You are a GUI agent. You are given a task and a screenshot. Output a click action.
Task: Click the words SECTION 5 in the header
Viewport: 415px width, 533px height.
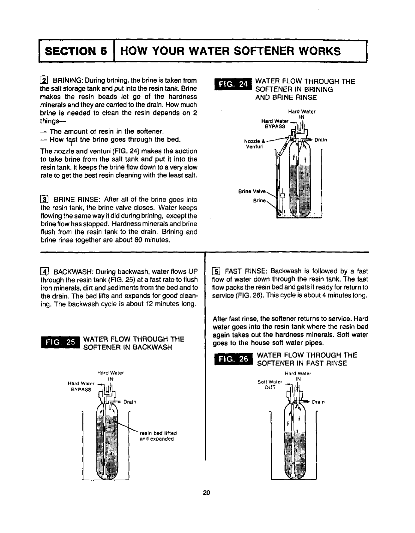point(76,51)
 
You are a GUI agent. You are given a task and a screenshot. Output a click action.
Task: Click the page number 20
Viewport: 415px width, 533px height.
point(207,493)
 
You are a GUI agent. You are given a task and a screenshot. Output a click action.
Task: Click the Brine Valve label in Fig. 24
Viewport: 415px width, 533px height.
point(252,191)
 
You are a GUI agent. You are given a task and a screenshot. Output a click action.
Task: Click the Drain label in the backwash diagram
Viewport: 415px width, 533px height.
point(130,402)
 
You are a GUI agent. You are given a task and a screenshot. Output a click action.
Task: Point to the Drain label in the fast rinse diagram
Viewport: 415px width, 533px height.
point(318,402)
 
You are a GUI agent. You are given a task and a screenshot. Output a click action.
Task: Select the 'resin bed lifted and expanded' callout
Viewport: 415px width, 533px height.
point(158,436)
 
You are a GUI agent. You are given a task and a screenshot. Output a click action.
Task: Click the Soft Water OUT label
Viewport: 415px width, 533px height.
point(270,385)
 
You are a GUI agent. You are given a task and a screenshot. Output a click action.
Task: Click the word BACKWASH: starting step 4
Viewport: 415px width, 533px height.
point(74,271)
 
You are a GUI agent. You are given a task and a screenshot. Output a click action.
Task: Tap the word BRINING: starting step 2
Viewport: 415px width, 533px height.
point(69,81)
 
